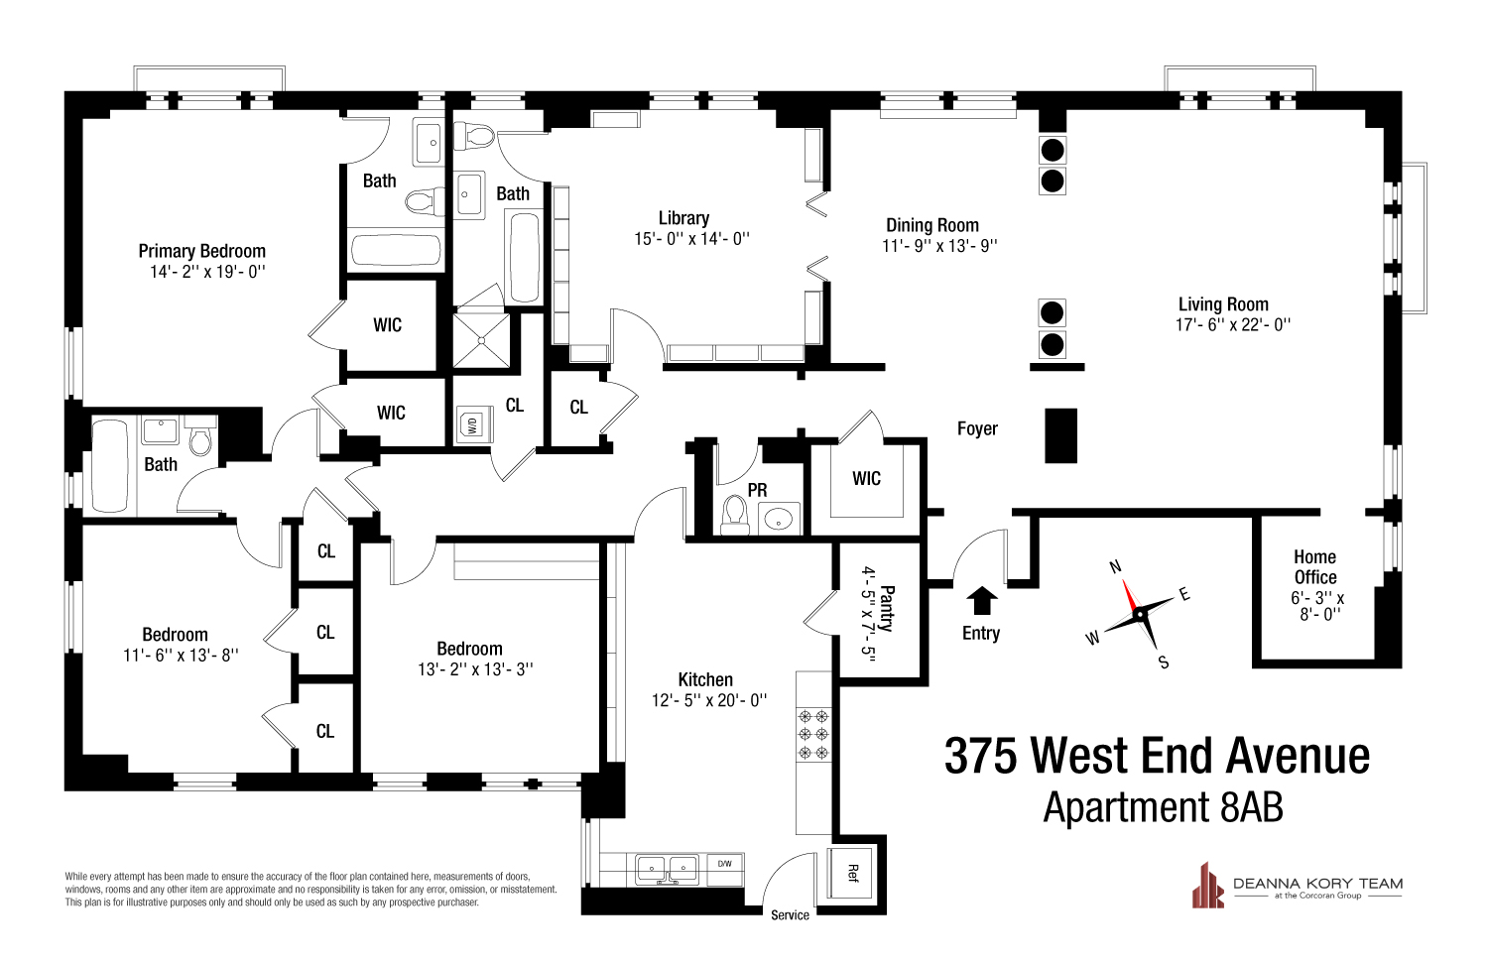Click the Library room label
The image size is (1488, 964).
(683, 218)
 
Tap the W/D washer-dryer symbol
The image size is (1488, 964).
(469, 425)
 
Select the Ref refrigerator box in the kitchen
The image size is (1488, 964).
(853, 872)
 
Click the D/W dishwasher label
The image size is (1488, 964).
(724, 864)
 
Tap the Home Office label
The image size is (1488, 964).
(1314, 567)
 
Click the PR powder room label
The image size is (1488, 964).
(757, 491)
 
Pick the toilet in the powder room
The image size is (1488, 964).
(735, 515)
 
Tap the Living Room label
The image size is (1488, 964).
(1223, 304)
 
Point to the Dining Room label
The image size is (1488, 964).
(931, 225)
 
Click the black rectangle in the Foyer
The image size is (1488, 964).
(1061, 435)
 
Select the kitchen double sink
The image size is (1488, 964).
(668, 868)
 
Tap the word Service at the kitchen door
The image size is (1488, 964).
(790, 914)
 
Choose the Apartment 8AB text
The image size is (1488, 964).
(1163, 807)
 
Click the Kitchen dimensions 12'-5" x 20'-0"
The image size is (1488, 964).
(705, 700)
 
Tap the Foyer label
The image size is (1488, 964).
(977, 428)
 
